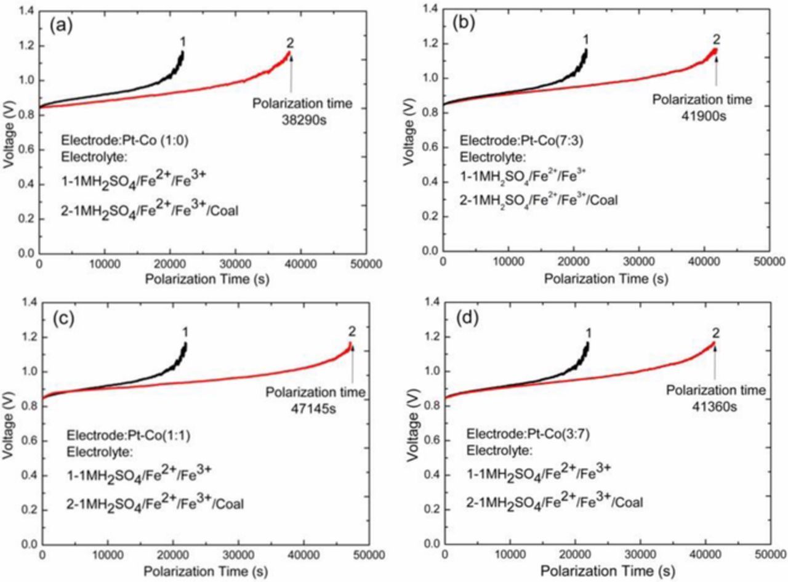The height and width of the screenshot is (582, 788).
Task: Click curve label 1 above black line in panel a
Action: click(182, 41)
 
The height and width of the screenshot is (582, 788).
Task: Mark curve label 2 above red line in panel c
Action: click(352, 333)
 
